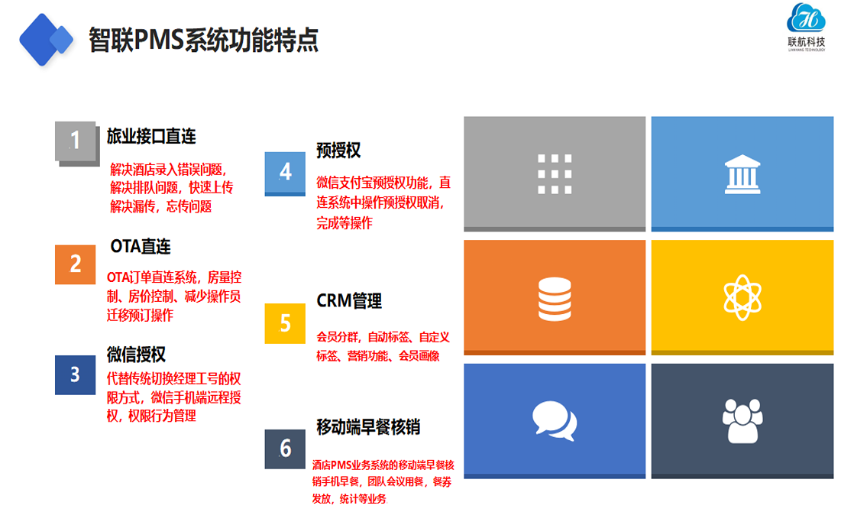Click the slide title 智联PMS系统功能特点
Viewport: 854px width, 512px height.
203,40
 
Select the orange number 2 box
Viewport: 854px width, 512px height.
75,264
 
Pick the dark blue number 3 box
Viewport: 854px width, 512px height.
75,374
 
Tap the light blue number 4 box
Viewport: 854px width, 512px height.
285,173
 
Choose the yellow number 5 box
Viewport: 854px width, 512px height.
285,323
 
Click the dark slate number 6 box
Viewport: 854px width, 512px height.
285,449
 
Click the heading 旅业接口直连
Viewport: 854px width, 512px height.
151,136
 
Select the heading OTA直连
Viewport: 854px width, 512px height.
141,246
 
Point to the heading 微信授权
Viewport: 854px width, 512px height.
136,355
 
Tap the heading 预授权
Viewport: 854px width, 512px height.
338,151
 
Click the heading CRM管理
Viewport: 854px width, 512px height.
349,300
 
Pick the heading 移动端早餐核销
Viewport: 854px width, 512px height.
368,427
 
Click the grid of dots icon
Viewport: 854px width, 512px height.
555,173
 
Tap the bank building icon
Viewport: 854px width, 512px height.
742,174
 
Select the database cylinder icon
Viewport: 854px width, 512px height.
555,299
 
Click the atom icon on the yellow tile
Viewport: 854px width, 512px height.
742,297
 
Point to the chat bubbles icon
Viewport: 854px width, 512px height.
555,421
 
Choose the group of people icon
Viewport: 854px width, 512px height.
742,420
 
